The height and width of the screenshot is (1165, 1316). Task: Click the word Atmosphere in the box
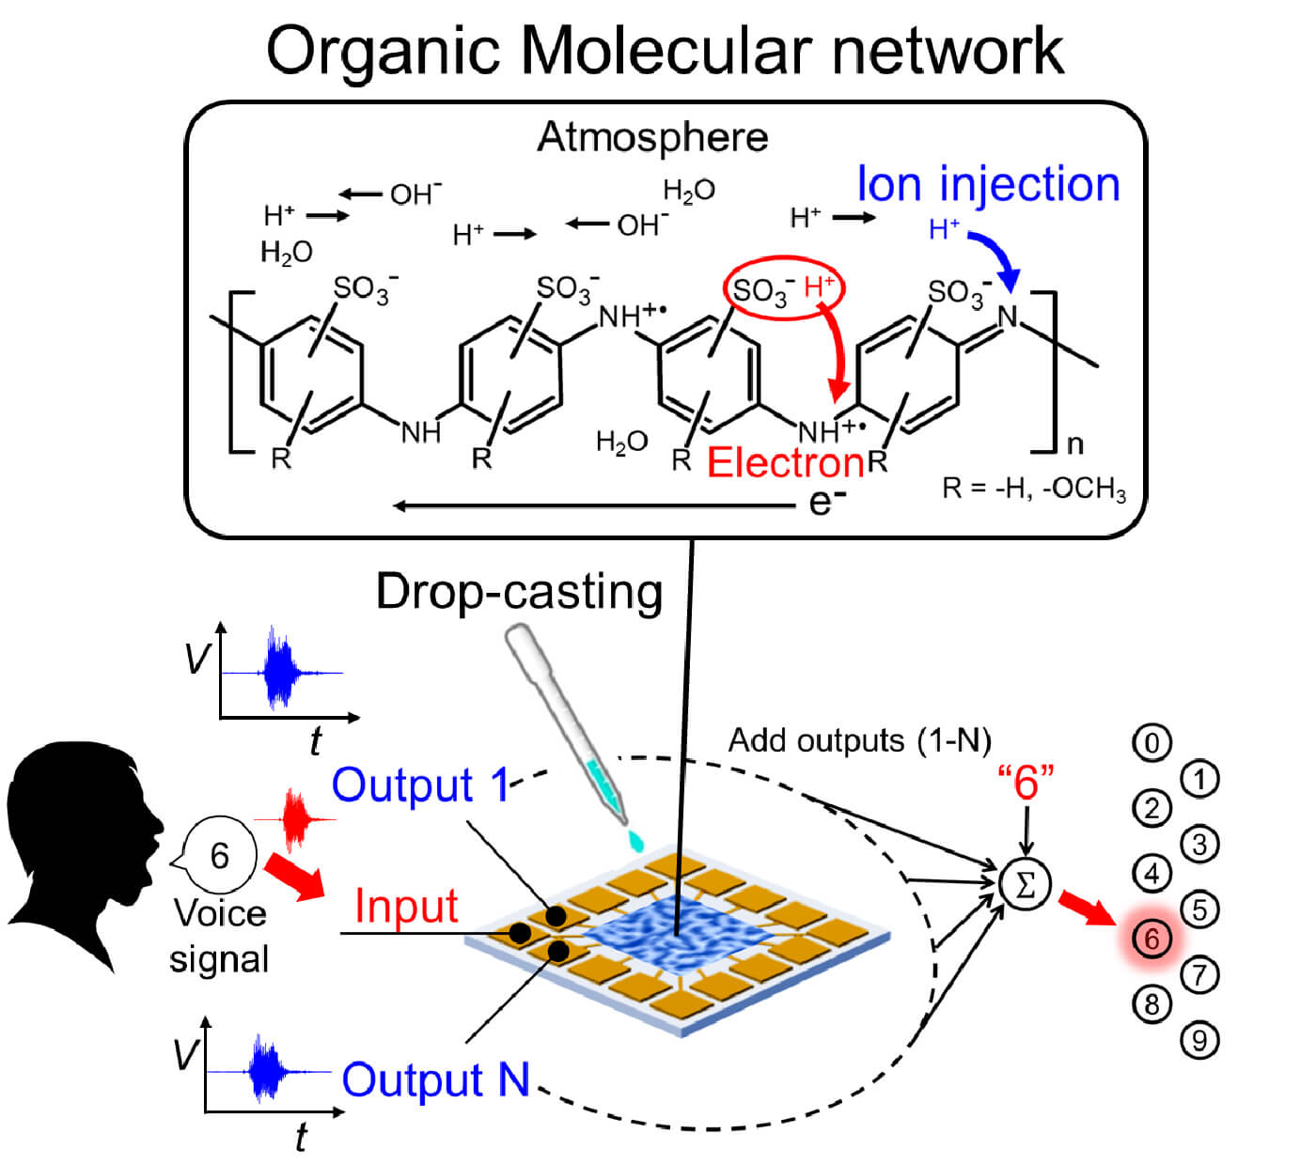(x=652, y=138)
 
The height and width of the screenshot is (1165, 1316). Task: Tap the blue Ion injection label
(x=988, y=184)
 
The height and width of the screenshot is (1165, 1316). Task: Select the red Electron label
(x=785, y=462)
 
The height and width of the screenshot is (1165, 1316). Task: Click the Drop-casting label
(x=519, y=593)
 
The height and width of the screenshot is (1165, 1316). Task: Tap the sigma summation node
(x=1026, y=883)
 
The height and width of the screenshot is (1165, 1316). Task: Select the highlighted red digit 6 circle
(x=1151, y=938)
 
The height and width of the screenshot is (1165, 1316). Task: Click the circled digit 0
(x=1151, y=743)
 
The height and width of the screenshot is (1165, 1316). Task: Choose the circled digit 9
(x=1199, y=1040)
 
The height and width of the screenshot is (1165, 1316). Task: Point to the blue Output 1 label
(x=419, y=784)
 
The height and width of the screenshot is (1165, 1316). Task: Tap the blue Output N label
(x=435, y=1080)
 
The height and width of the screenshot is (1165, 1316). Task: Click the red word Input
(x=406, y=907)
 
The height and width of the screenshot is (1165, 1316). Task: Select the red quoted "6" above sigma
(x=1026, y=782)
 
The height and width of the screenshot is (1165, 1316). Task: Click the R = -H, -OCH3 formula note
(x=1033, y=489)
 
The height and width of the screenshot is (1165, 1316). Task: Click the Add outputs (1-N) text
(x=859, y=740)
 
